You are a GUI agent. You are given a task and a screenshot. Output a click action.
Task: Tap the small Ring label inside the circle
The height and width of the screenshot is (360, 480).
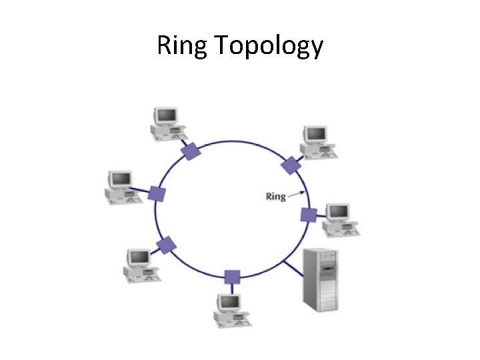click(275, 196)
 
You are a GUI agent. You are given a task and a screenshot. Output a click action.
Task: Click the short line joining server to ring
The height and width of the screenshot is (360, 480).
click(293, 269)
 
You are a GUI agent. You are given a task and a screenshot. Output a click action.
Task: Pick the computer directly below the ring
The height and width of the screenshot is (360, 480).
click(231, 310)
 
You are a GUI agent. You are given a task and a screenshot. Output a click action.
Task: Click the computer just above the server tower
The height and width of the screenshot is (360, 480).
click(340, 219)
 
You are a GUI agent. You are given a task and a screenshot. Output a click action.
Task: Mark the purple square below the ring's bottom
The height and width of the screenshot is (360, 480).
click(232, 277)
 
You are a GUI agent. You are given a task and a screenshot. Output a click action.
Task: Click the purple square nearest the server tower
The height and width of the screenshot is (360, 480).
click(308, 215)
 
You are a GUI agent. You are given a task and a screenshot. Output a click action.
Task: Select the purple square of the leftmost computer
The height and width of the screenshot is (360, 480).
click(157, 193)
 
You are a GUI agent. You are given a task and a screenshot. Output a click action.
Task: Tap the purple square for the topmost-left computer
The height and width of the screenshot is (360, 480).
click(191, 151)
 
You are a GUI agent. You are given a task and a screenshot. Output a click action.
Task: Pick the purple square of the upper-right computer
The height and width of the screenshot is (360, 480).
click(290, 165)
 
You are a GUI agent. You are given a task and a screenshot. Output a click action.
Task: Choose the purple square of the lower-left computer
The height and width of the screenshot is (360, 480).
click(167, 245)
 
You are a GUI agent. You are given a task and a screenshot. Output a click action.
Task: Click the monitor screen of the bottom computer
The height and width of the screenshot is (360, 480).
click(230, 302)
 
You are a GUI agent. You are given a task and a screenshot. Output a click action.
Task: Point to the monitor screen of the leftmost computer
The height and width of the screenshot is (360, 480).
click(121, 179)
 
